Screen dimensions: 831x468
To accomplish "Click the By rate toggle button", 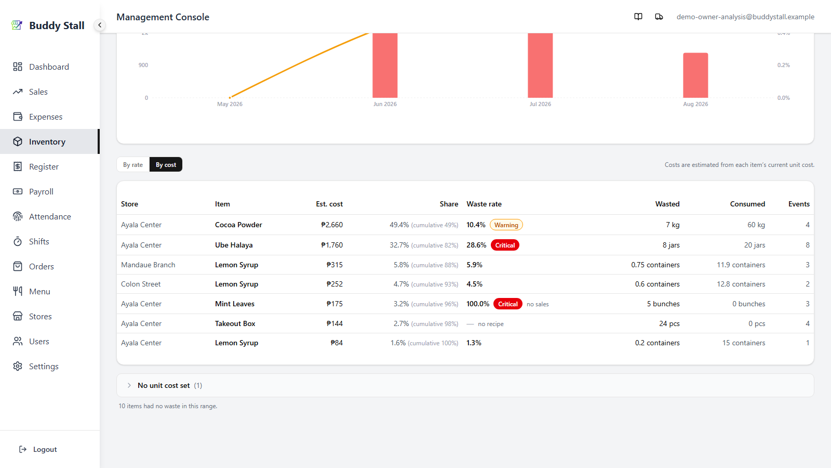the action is click(x=133, y=164).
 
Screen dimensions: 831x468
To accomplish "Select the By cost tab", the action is click(x=166, y=164).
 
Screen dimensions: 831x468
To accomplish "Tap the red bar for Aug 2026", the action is click(x=695, y=75).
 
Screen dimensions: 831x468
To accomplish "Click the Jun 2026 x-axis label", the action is click(x=385, y=104).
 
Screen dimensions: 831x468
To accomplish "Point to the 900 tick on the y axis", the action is click(x=143, y=65).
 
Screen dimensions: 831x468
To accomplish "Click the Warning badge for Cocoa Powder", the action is click(x=506, y=225).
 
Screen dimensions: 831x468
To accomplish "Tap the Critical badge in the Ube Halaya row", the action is click(x=505, y=245).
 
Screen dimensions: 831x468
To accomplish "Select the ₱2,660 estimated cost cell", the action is click(x=332, y=225).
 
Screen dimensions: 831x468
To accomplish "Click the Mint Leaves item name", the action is click(x=235, y=304).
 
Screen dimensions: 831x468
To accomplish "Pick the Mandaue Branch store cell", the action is click(x=148, y=265).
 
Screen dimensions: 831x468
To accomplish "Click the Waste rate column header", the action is click(x=484, y=204).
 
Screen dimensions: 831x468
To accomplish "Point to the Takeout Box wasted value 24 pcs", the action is click(x=669, y=323).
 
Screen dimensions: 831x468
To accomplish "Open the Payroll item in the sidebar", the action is click(x=41, y=192).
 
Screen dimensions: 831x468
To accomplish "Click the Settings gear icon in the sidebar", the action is click(x=18, y=366).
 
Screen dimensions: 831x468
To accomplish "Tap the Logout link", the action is click(x=38, y=449).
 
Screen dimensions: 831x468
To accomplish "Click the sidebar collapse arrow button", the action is click(x=99, y=25).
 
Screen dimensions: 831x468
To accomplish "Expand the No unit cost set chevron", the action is click(x=129, y=385).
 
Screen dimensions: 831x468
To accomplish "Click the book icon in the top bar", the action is click(x=638, y=17).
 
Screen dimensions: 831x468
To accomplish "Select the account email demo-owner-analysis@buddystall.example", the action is click(x=745, y=17).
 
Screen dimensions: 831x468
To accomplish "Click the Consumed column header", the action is click(x=747, y=204).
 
